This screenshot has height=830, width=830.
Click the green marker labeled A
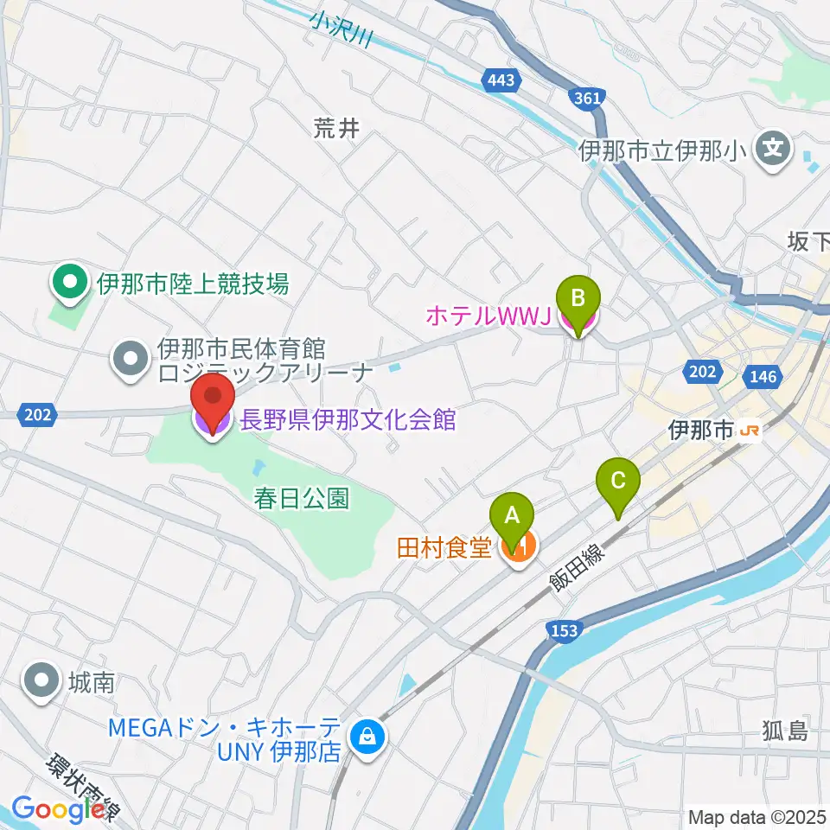tap(512, 517)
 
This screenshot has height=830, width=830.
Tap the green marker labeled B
tap(580, 299)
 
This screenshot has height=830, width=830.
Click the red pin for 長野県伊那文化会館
tap(213, 399)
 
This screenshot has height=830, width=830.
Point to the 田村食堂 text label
tap(444, 547)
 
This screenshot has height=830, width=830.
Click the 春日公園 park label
tap(302, 499)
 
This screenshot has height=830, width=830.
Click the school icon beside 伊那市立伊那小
tap(772, 150)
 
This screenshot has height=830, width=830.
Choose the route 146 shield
tap(764, 376)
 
